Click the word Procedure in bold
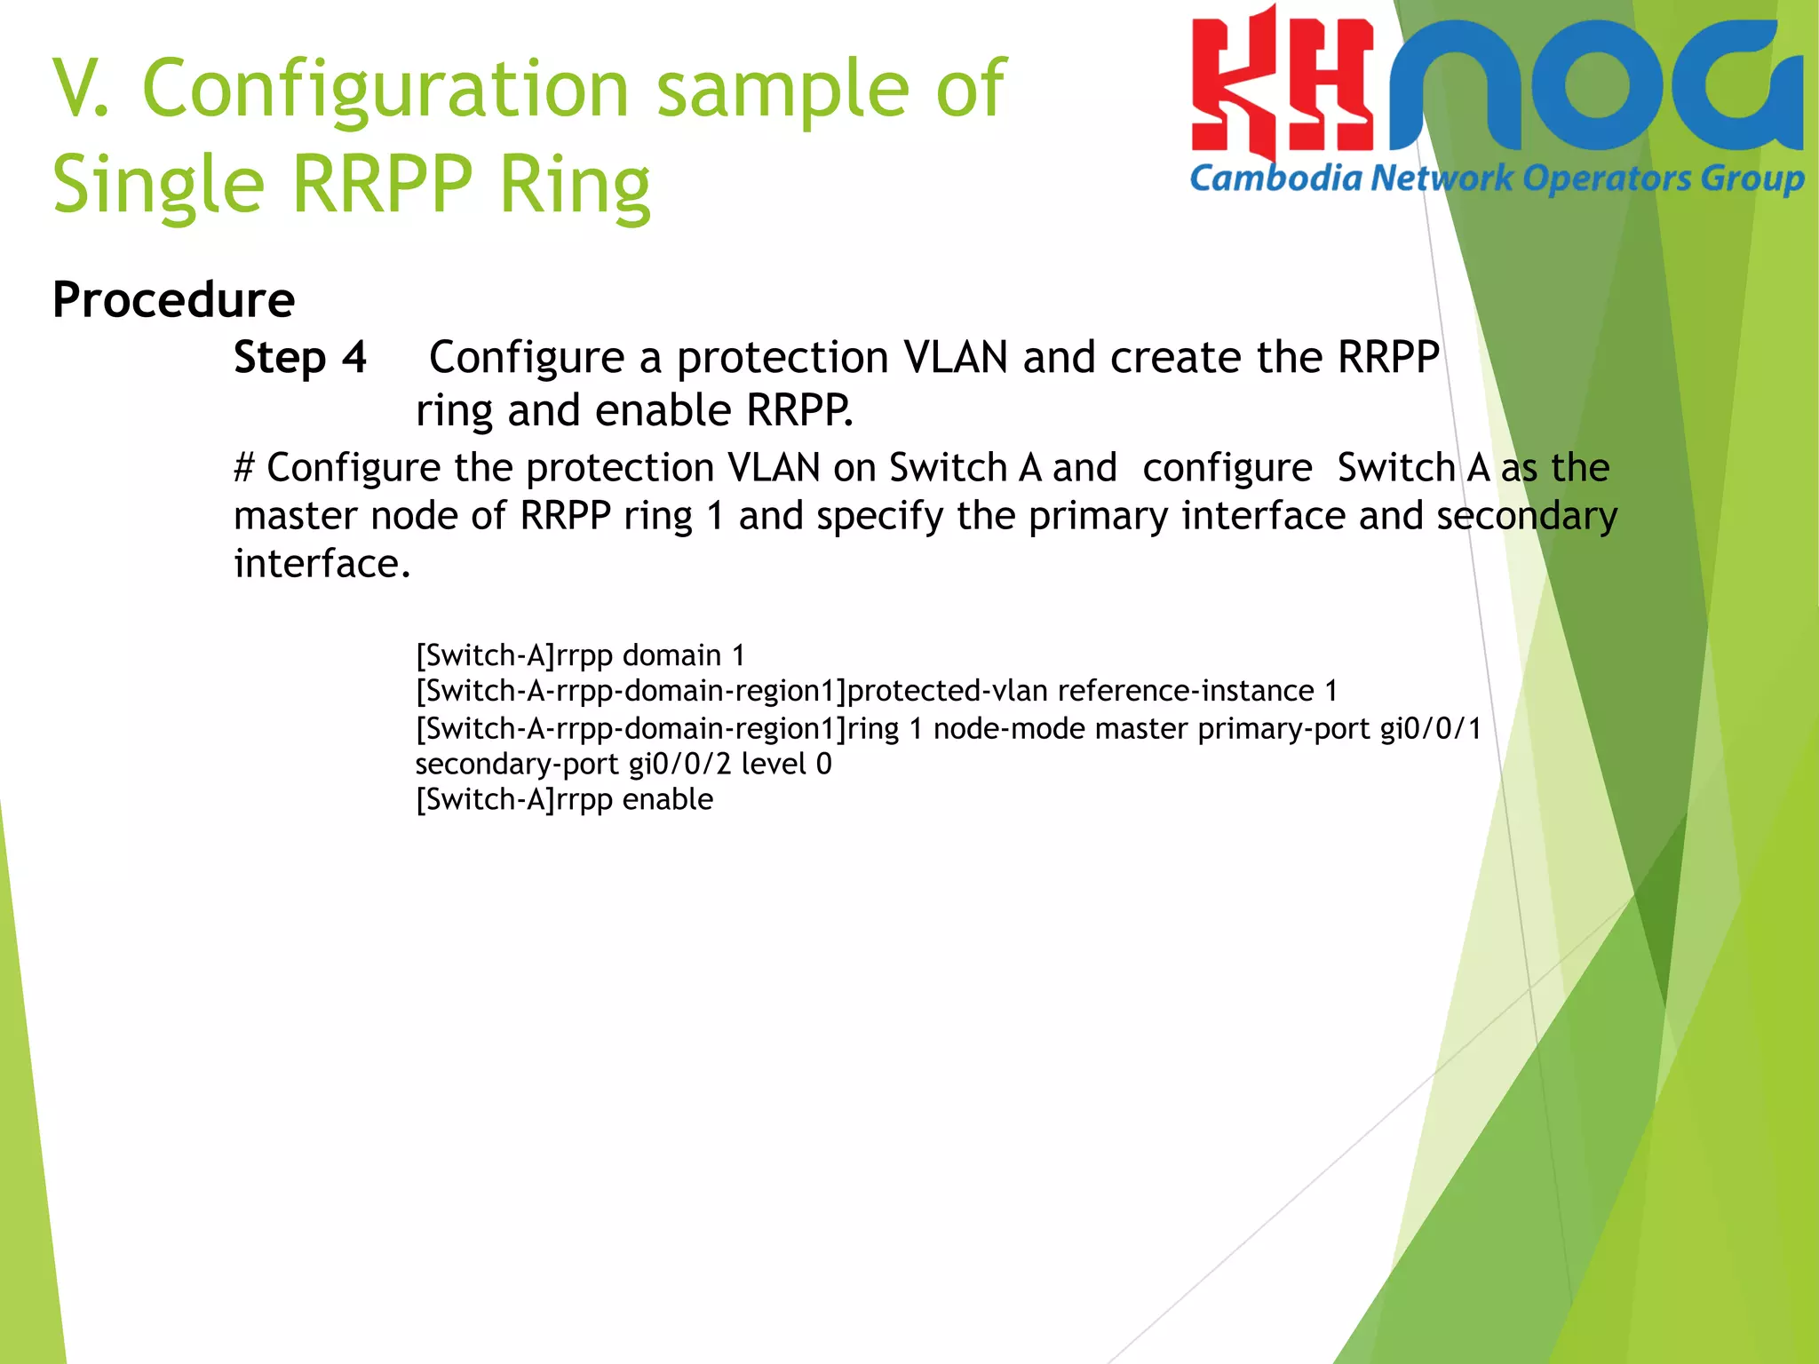click(173, 300)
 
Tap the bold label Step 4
click(300, 358)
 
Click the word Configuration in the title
click(385, 89)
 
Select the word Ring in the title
click(575, 186)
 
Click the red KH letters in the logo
click(1282, 89)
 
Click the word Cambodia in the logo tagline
click(1275, 178)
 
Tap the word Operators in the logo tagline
click(1607, 178)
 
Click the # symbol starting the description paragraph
click(244, 468)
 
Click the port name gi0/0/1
click(1430, 729)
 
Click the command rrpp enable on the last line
click(635, 799)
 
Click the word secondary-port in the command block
click(516, 764)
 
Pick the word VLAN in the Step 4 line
click(955, 358)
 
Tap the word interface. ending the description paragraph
click(322, 564)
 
